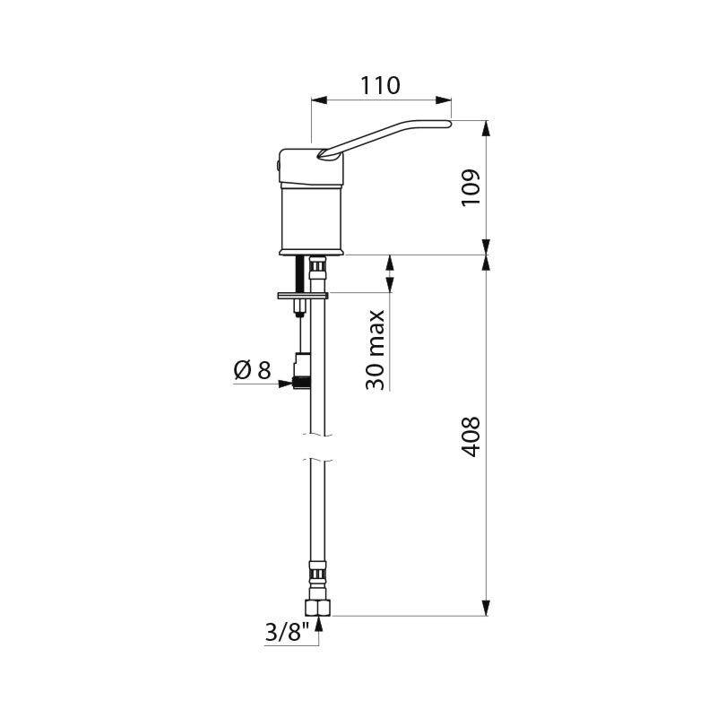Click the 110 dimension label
[x=380, y=85]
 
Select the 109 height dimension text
[x=471, y=187]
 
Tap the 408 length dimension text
[x=471, y=436]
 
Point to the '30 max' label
[x=375, y=350]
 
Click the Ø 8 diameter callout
[x=252, y=369]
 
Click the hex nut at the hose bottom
[x=318, y=608]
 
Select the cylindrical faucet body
[x=311, y=220]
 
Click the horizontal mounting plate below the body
[x=303, y=296]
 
